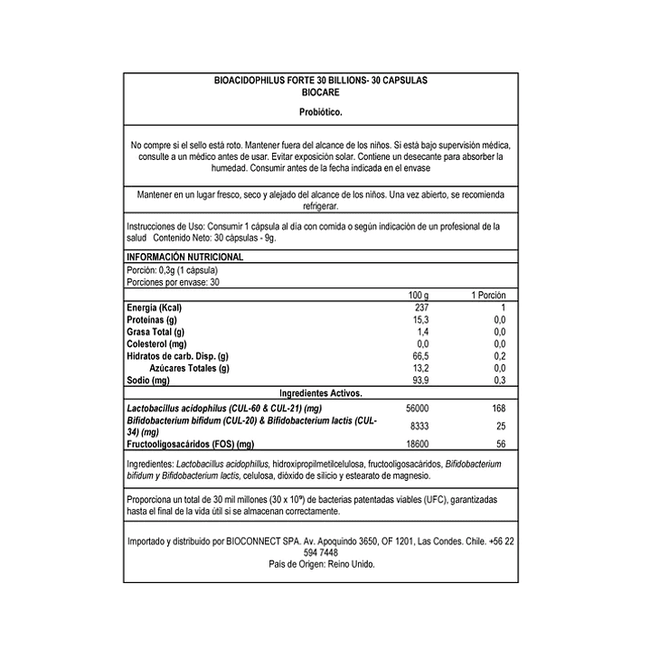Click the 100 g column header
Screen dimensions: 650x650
click(x=418, y=296)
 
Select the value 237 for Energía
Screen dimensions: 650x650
click(x=419, y=309)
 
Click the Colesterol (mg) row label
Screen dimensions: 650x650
click(x=156, y=344)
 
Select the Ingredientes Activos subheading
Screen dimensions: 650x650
click(x=320, y=393)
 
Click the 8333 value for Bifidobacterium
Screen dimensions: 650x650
click(x=417, y=425)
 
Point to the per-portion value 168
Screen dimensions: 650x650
click(x=497, y=408)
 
